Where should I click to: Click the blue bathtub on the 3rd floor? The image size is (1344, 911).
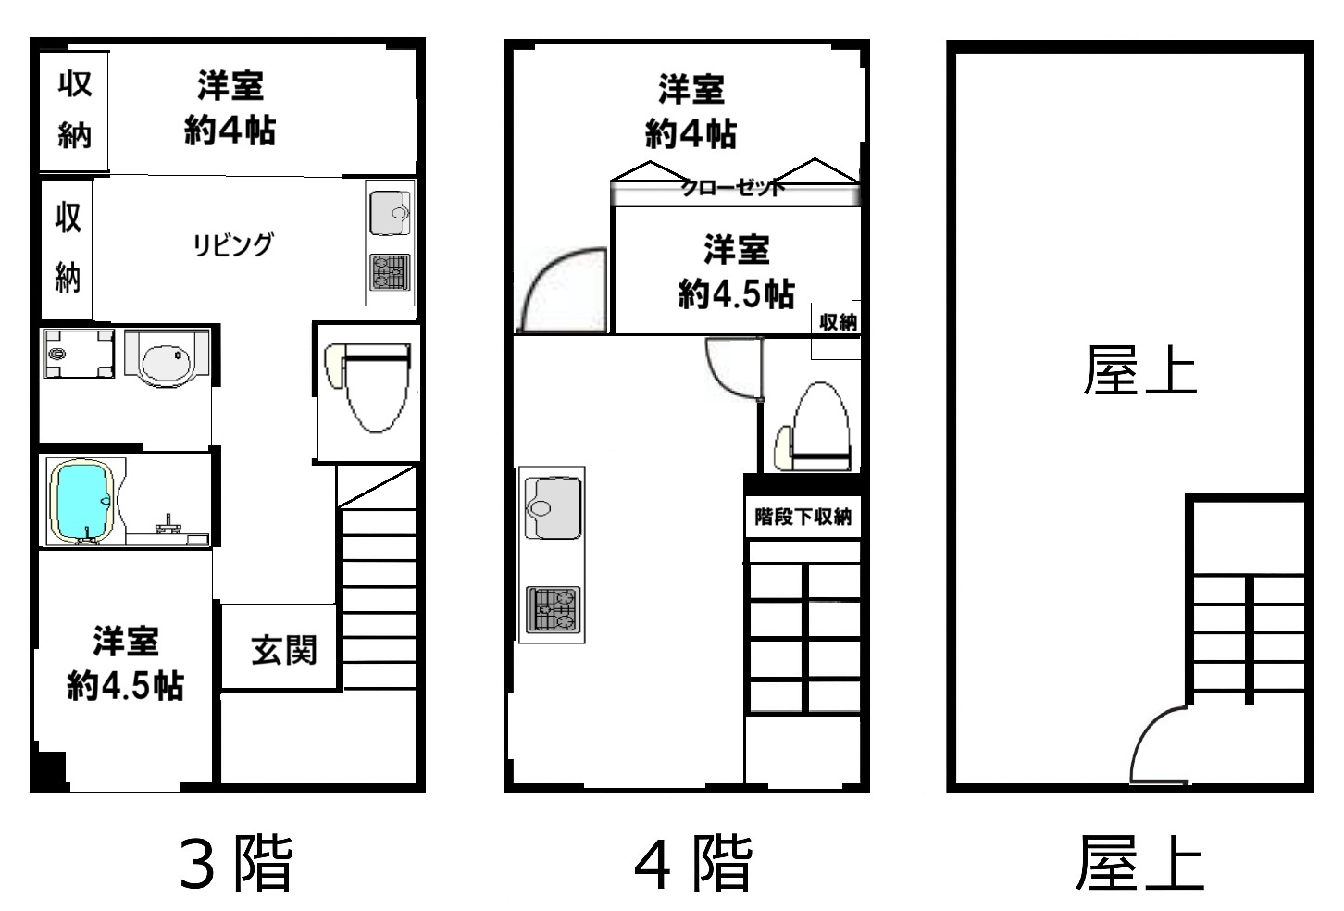point(82,502)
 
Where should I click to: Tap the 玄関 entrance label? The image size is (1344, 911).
point(284,651)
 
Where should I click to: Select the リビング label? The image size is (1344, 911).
point(233,244)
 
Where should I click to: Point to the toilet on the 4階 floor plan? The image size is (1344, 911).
point(815,427)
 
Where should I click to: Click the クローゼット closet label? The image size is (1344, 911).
point(732,188)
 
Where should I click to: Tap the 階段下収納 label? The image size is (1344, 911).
point(803,516)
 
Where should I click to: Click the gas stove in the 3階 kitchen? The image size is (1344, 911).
point(391,272)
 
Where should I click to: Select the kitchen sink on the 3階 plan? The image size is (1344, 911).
point(391,213)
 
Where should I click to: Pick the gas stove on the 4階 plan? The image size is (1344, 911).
point(554,610)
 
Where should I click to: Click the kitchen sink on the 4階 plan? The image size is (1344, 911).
point(554,507)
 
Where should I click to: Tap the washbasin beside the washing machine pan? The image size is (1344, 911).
point(167,358)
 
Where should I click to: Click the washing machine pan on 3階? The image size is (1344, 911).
point(79,354)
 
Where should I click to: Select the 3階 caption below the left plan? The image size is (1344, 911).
point(236,864)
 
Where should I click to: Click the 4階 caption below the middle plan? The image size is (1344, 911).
point(693,864)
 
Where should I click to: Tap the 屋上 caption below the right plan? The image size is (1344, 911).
point(1139,862)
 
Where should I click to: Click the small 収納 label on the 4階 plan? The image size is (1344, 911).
point(839,322)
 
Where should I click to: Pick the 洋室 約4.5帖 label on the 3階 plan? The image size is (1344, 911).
point(125,664)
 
